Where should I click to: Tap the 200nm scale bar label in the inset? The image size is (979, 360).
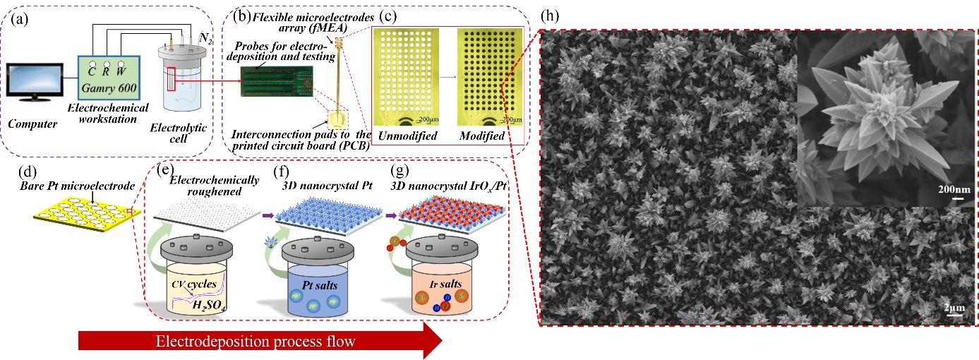pyautogui.click(x=952, y=190)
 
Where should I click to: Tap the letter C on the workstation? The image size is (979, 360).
pyautogui.click(x=92, y=71)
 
